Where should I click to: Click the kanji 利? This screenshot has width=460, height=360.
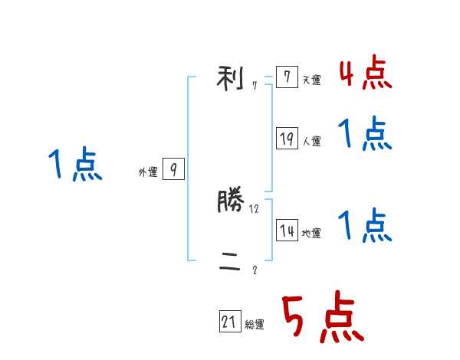point(231,77)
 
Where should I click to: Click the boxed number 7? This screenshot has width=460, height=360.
point(287,77)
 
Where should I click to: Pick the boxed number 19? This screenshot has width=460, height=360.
point(287,139)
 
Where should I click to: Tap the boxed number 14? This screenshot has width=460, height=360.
point(287,231)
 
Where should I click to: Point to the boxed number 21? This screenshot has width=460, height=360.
point(230,323)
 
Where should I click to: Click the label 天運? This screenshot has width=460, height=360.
point(311,80)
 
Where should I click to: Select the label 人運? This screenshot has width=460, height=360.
point(311,141)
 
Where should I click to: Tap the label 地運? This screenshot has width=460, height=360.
point(311,233)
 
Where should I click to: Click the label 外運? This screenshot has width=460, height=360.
point(148,172)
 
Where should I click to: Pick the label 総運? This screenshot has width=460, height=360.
point(255,325)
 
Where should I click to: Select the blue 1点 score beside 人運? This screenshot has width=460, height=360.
point(365,135)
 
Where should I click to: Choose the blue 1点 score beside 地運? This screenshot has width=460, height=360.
point(365,226)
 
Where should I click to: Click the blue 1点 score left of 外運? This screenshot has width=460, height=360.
point(75,165)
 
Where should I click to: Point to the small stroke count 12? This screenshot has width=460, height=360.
point(255,208)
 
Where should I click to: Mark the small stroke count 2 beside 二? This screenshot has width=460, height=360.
point(255,270)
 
